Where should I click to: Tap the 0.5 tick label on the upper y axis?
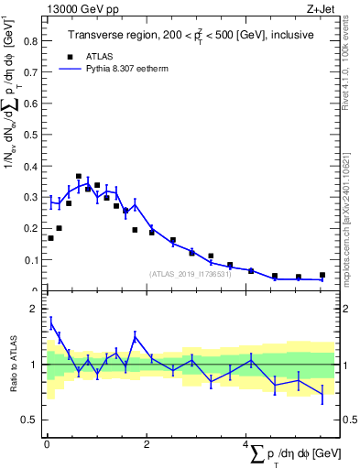tap(32, 135)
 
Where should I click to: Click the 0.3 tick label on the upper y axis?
tap(32, 197)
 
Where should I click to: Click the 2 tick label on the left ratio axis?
tap(37, 310)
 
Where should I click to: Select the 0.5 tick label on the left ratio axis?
tap(32, 420)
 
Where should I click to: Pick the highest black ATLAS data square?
tap(79, 176)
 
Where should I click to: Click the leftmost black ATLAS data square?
tap(50, 238)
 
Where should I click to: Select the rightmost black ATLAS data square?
tap(322, 275)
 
